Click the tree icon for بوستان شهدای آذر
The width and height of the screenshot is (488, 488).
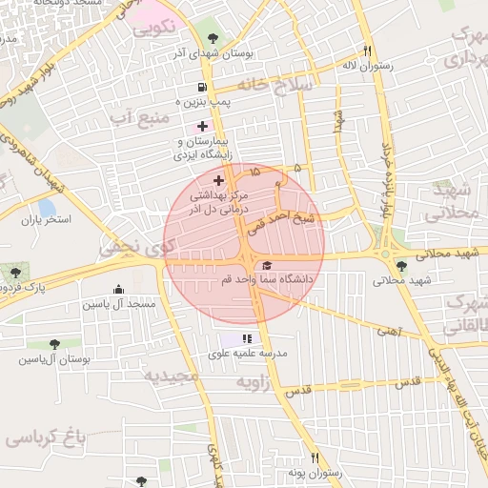coord(212,39)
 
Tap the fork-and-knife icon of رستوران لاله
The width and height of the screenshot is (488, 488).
coord(367,51)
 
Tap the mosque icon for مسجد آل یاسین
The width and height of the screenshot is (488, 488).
coord(118,290)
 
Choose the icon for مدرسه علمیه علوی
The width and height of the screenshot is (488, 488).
coord(247,338)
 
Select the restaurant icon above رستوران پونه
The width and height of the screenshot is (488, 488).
coord(314,458)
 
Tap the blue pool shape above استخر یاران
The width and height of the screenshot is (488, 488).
coord(46,208)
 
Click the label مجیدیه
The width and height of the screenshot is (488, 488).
coord(172,375)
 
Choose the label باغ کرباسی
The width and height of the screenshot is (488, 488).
coord(45,439)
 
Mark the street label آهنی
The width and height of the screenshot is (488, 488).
coord(389,332)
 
